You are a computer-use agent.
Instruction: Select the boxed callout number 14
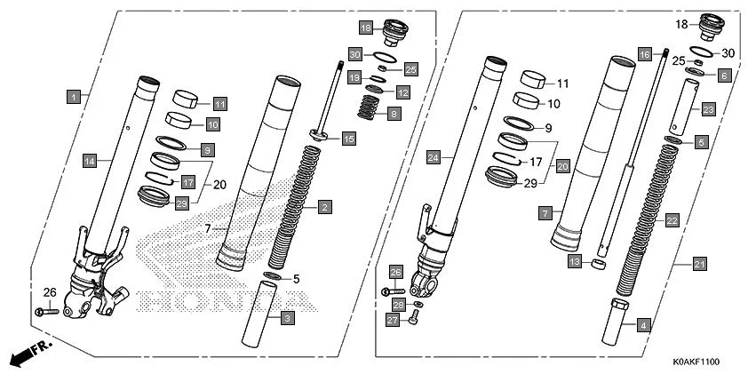[x=90, y=161]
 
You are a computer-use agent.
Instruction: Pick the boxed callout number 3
[x=286, y=317]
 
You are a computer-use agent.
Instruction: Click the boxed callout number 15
[x=348, y=138]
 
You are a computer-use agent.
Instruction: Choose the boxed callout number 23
[x=708, y=109]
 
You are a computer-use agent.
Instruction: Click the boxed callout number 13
[x=576, y=261]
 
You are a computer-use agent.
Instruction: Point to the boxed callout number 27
[x=390, y=319]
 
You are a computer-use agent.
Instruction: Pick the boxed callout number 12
[x=402, y=92]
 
